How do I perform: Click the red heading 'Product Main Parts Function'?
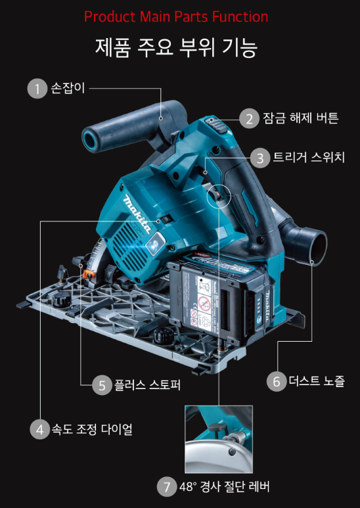(x=176, y=17)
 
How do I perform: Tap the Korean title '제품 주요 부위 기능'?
(x=176, y=47)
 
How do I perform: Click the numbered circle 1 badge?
(x=37, y=89)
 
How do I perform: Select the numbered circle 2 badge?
(x=249, y=119)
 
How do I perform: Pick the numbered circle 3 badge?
(x=260, y=158)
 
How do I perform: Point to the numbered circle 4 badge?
(x=39, y=430)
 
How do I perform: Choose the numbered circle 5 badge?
(x=102, y=386)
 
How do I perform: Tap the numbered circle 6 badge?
(x=277, y=382)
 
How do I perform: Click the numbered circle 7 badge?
(x=167, y=486)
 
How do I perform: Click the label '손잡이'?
(x=68, y=89)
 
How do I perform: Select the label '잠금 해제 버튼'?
(x=301, y=118)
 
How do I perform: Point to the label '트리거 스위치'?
(x=309, y=158)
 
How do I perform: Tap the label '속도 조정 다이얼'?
(x=92, y=430)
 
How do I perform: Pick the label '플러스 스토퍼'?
(x=148, y=385)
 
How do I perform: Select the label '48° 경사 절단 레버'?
(x=225, y=486)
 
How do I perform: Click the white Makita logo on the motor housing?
(x=137, y=214)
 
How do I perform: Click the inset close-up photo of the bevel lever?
(x=219, y=439)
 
